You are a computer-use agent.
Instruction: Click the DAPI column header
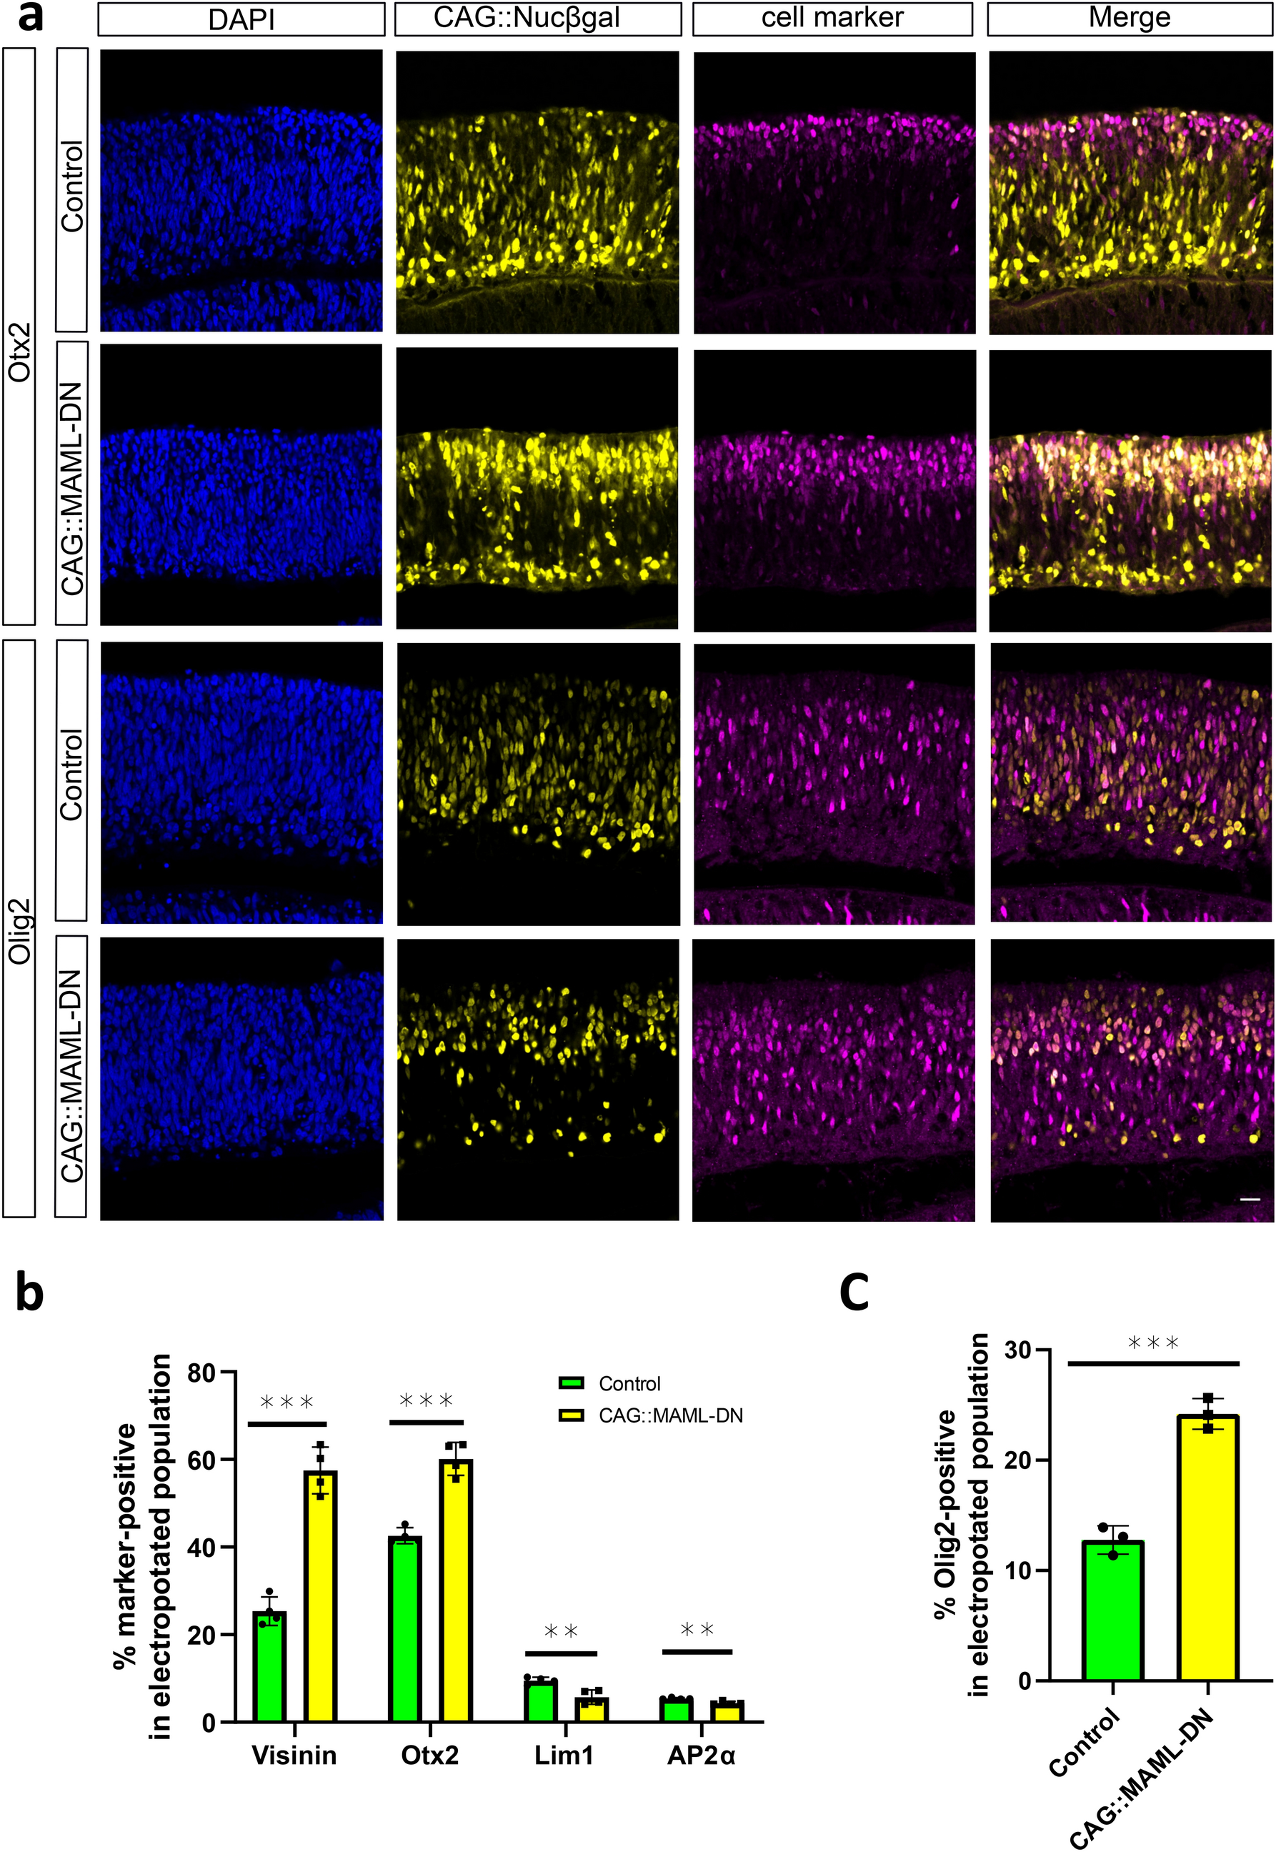241,19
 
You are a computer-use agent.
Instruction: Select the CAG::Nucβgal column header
537,19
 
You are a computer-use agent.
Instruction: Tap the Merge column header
1129,19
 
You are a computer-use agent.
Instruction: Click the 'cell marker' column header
832,19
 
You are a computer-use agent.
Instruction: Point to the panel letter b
29,1294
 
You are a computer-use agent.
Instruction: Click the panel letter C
854,1293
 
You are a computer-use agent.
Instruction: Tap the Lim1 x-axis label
564,1756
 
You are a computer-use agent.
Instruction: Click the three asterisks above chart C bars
1153,1343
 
